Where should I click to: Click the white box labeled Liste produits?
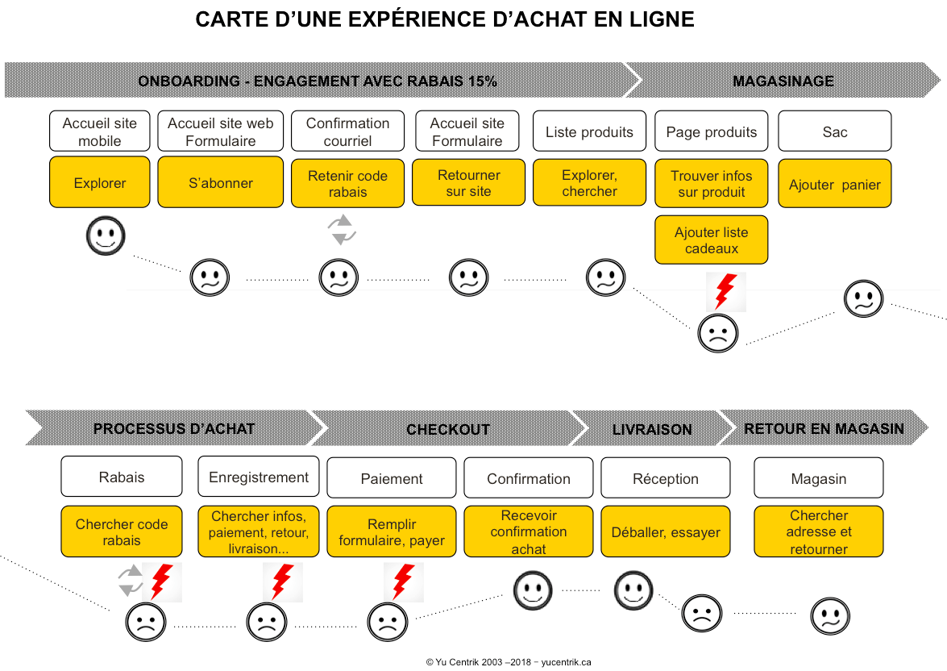pos(589,132)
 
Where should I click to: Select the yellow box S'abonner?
pos(220,182)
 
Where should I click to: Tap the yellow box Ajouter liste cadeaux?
pos(711,240)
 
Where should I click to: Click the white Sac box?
pos(834,132)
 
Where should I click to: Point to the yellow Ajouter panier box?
pos(834,184)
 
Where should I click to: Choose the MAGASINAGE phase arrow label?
pos(783,81)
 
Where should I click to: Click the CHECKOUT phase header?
pos(447,429)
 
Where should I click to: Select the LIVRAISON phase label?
pos(651,429)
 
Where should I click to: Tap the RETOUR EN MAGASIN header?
pos(824,428)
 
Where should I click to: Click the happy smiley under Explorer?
pos(106,236)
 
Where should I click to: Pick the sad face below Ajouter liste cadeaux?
pos(717,333)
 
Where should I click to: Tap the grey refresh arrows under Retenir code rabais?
pos(343,230)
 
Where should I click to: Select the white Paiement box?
pos(392,478)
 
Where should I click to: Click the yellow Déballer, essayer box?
pos(666,531)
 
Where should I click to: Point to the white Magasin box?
pos(818,478)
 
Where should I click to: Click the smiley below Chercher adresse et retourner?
pos(829,617)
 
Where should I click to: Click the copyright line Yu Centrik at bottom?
pos(509,662)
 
